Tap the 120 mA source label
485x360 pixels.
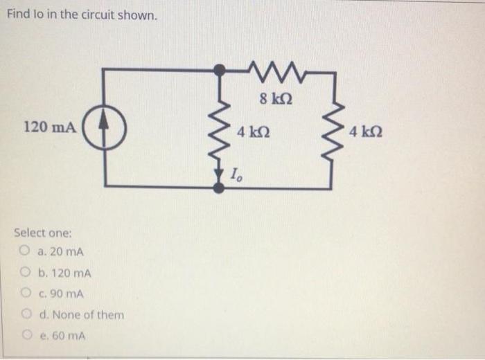pyautogui.click(x=50, y=127)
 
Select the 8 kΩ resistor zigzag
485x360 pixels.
pyautogui.click(x=276, y=69)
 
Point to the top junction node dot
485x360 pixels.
pyautogui.click(x=220, y=69)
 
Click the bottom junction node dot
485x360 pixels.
pyautogui.click(x=220, y=188)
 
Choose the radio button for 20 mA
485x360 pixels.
pyautogui.click(x=25, y=251)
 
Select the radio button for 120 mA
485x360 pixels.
pyautogui.click(x=25, y=273)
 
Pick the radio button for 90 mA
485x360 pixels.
pyautogui.click(x=25, y=294)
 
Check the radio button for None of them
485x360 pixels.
pyautogui.click(x=25, y=314)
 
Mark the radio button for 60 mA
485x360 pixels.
pyautogui.click(x=25, y=336)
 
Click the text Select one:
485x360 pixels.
pyautogui.click(x=42, y=233)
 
